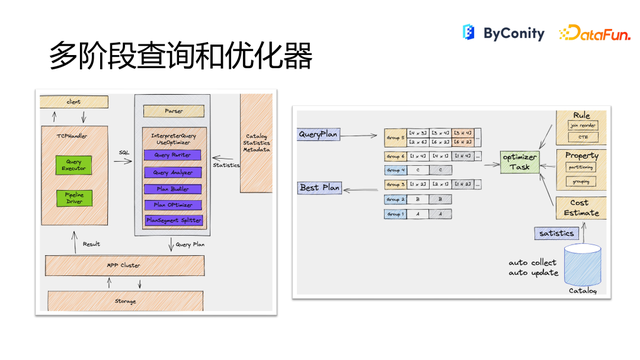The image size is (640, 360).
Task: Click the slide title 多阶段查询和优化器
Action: click(181, 56)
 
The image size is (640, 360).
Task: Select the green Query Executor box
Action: click(73, 165)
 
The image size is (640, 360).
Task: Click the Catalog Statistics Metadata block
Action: click(256, 143)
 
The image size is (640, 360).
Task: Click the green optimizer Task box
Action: click(520, 163)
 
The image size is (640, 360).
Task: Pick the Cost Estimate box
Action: click(584, 207)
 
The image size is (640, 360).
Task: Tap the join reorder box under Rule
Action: click(584, 128)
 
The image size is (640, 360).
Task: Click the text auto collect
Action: click(531, 262)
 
